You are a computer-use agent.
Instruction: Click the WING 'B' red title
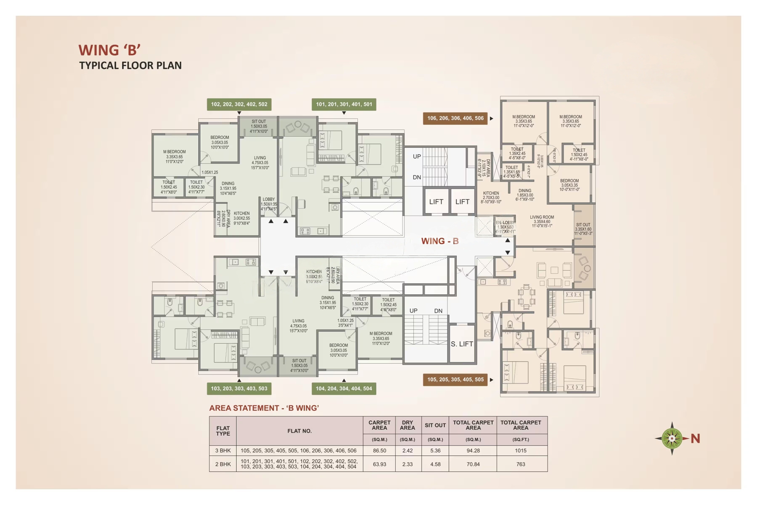[x=109, y=50]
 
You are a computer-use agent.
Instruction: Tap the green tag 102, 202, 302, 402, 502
[x=239, y=104]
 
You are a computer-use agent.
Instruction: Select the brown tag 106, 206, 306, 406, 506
[x=455, y=118]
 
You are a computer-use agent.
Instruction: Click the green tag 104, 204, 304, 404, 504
[x=344, y=388]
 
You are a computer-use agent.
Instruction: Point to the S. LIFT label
[x=462, y=344]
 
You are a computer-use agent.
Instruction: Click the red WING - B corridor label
[x=440, y=241]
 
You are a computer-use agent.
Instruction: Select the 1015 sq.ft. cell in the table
[x=520, y=451]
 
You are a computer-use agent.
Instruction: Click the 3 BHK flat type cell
[x=223, y=451]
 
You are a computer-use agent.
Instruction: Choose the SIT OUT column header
[x=435, y=425]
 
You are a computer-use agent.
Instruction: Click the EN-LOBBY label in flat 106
[x=505, y=227]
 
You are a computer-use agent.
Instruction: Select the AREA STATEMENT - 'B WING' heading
[x=264, y=408]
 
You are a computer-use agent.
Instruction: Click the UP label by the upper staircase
[x=417, y=157]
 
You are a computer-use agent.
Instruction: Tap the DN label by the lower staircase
[x=438, y=311]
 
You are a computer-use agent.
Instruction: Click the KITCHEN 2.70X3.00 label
[x=491, y=197]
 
